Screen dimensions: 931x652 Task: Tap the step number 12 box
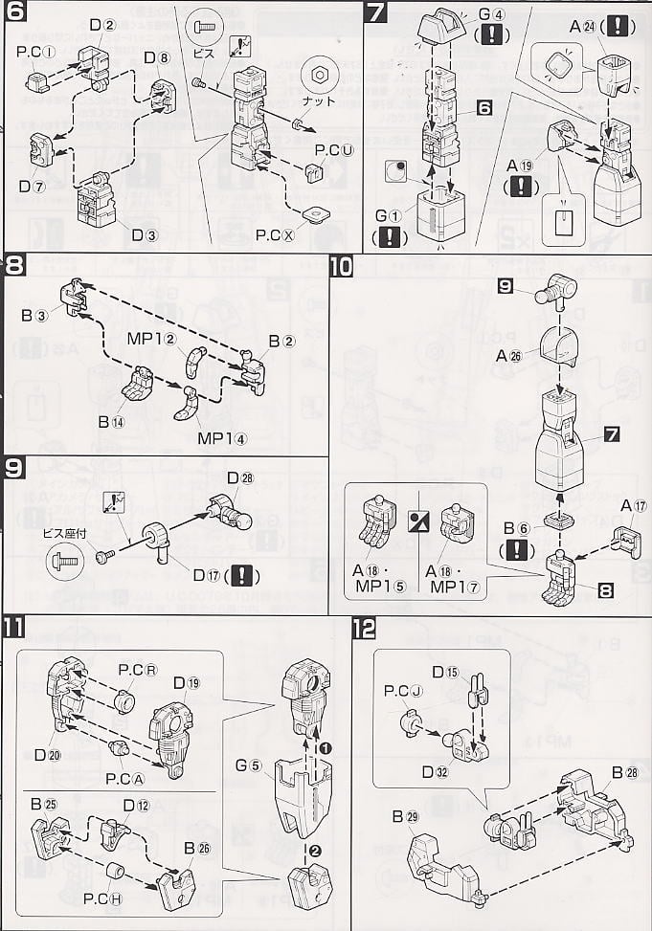coord(363,630)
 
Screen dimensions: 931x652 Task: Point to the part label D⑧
coord(157,58)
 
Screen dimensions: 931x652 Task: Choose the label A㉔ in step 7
coord(585,27)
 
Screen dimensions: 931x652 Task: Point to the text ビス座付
coord(63,531)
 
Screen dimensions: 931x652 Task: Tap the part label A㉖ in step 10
coord(508,355)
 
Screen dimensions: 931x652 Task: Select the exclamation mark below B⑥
coord(518,550)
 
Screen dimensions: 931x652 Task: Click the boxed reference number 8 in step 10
coord(604,590)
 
